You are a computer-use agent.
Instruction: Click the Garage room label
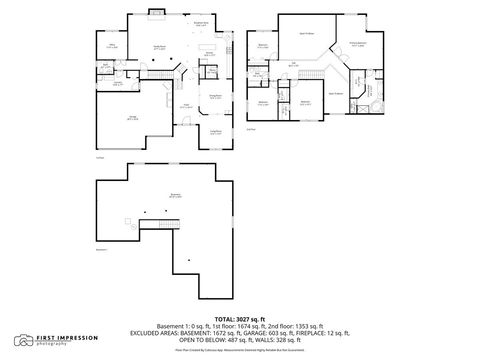coord(133,117)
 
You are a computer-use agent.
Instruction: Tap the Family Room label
coord(158,47)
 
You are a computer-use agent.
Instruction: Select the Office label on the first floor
coord(113,46)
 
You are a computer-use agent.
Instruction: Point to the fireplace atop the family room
coord(157,13)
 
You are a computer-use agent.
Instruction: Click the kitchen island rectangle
coord(208,47)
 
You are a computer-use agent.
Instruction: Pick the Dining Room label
coord(215,97)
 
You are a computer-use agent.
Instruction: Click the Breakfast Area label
coord(200,24)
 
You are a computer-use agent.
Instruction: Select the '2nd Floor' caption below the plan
coord(251,129)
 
